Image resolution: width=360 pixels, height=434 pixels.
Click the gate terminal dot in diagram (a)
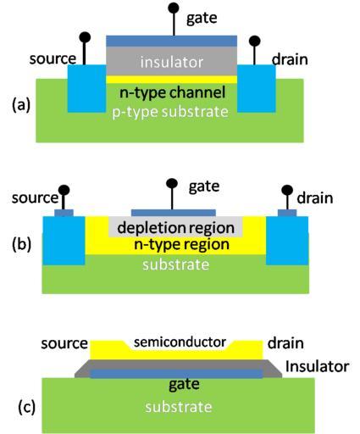point(174,8)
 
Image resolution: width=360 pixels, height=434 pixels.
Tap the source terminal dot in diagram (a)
point(85,37)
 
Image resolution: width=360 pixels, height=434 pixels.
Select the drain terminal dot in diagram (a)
point(254,41)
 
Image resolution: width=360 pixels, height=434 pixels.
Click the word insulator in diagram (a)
point(172,62)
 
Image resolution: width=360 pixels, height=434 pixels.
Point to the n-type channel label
point(173,92)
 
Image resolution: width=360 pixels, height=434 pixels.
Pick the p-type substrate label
point(170,112)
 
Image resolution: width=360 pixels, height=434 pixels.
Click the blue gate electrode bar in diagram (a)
point(171,41)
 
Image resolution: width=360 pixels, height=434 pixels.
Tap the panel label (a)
point(21,105)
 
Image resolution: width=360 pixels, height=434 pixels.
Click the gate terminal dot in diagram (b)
point(172,183)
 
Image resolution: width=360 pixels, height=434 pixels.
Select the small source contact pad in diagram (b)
point(64,213)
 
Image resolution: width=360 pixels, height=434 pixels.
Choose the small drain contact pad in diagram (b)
point(287,213)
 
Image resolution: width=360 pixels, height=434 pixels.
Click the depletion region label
point(175,228)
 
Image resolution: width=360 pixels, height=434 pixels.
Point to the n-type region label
point(181,244)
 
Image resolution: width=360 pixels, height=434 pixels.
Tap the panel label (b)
point(21,245)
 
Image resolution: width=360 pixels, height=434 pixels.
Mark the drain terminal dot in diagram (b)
point(287,190)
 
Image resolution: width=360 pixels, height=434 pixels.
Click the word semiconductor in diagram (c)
point(180,342)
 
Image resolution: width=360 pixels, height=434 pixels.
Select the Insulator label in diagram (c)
point(318,366)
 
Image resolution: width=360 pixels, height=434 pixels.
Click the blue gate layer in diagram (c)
point(176,374)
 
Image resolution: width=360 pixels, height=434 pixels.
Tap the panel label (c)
point(26,408)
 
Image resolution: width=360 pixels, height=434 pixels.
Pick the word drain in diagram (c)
point(285,343)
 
